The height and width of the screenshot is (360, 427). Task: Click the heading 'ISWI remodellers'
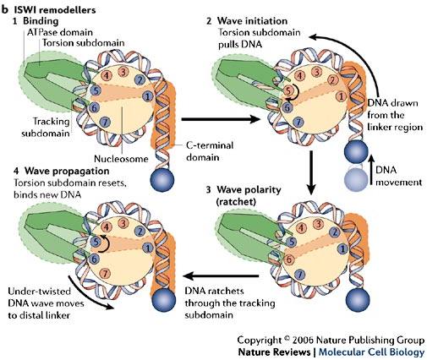(x=55, y=10)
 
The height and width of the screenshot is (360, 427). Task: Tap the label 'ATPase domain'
(x=60, y=32)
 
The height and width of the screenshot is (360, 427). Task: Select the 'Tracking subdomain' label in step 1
(x=46, y=127)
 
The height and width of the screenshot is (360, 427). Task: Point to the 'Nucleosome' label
(x=121, y=159)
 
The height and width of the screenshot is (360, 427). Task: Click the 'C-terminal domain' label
(x=210, y=151)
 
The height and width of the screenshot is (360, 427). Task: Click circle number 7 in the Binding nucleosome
(x=105, y=122)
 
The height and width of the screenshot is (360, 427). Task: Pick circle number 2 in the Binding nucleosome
(x=140, y=79)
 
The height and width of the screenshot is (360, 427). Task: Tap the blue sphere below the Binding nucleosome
(x=162, y=181)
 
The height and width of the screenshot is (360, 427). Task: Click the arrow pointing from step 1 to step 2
(x=221, y=119)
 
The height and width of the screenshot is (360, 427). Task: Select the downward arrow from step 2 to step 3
(x=311, y=173)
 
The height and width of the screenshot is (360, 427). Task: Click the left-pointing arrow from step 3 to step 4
(x=221, y=276)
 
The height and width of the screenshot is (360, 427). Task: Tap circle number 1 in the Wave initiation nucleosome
(x=341, y=96)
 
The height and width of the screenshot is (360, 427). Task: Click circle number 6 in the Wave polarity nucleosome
(x=288, y=259)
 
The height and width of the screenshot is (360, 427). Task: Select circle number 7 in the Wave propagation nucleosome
(x=105, y=273)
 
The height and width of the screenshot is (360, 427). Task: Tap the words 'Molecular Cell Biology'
(x=371, y=352)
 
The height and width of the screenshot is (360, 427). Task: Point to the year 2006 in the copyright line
(x=304, y=340)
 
